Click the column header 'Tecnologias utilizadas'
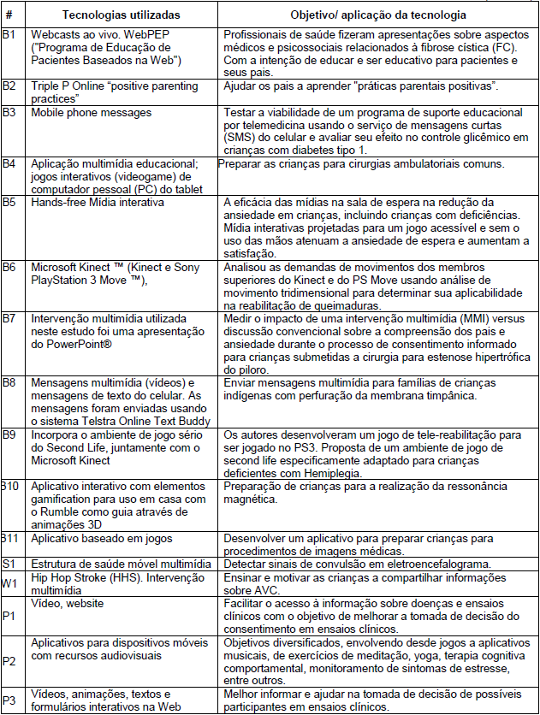click(x=119, y=15)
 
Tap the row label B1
click(x=9, y=36)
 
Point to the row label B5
click(x=9, y=202)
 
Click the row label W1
click(x=9, y=584)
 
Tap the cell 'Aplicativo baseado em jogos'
click(x=102, y=540)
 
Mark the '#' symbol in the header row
click(x=9, y=15)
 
